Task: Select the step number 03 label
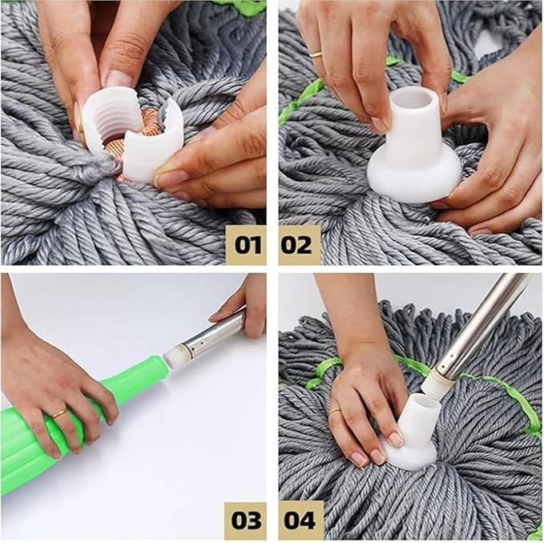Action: click(245, 520)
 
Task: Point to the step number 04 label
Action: click(300, 520)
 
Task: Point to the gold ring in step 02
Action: click(316, 54)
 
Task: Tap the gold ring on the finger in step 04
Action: click(335, 410)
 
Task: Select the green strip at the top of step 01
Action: click(244, 7)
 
